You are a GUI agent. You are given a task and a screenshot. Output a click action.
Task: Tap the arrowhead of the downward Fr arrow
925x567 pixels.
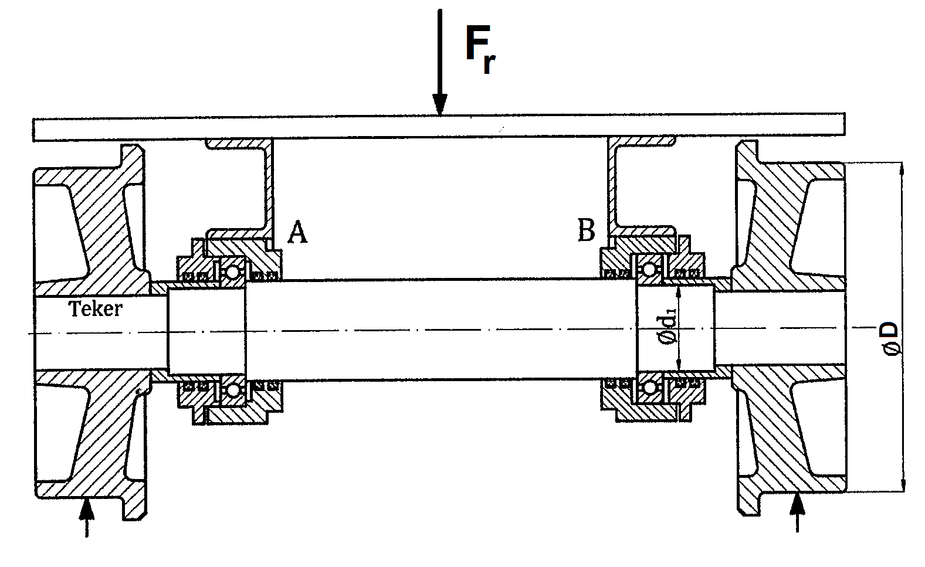click(x=439, y=105)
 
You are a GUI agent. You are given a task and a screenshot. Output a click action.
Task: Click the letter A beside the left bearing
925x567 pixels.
click(x=297, y=233)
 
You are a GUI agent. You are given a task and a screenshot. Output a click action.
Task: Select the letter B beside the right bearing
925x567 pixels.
click(x=586, y=230)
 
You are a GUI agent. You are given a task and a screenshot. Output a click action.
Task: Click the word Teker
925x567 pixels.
click(x=96, y=309)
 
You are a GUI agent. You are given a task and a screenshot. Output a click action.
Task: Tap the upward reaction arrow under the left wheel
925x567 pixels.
click(x=87, y=509)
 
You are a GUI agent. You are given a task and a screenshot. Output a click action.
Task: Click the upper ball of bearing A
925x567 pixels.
click(x=233, y=271)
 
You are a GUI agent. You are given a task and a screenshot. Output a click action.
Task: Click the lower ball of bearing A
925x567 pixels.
click(x=233, y=390)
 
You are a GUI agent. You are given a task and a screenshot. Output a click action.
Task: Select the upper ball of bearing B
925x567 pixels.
click(x=649, y=269)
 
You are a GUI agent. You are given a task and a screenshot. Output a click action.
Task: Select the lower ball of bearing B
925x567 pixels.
click(x=649, y=388)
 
